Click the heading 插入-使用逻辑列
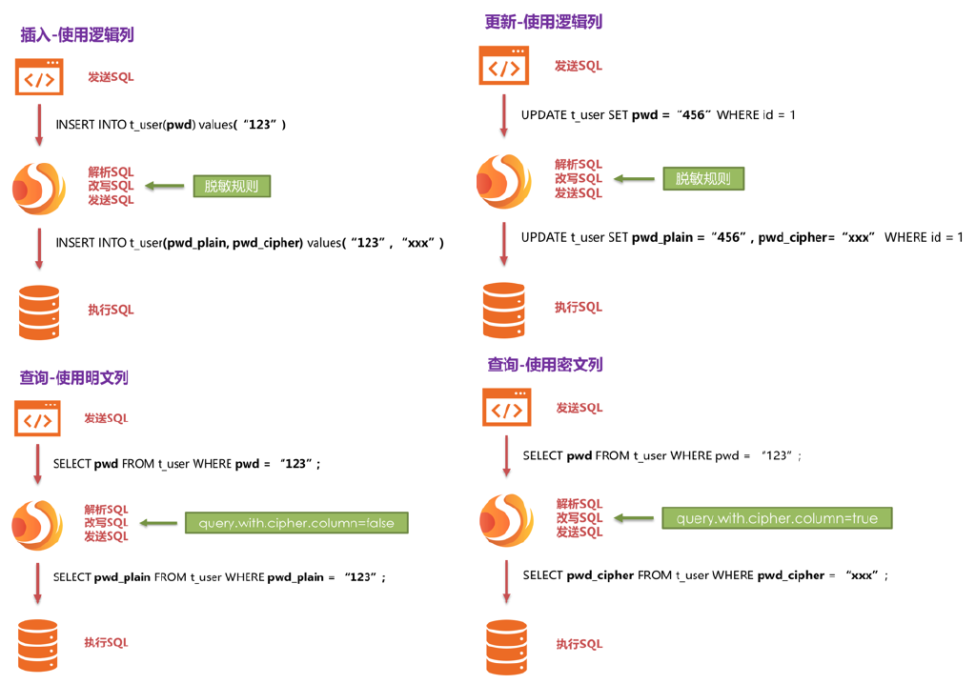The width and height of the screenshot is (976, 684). coord(77,35)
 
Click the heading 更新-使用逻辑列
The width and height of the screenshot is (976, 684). coord(543,22)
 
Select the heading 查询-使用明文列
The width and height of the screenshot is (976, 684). coord(73,377)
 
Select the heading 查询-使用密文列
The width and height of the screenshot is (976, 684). coord(545,364)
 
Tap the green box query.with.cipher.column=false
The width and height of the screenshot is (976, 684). coord(296,523)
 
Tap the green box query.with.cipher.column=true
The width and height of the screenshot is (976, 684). coord(777,518)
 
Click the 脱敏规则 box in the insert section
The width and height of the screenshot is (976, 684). coord(232,186)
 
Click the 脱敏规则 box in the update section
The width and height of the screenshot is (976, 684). coord(703,178)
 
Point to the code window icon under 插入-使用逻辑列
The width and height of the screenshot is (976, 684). coord(39,77)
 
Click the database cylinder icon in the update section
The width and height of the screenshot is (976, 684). coord(503,310)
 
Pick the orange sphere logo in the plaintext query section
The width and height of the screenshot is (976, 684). coord(37,524)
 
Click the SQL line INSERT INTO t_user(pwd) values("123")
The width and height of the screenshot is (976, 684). coord(171,125)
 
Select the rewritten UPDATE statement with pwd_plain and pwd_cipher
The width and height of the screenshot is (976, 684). coord(742,237)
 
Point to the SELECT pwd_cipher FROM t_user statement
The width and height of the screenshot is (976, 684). coord(705,575)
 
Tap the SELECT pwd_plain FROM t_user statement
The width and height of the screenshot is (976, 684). coord(219,577)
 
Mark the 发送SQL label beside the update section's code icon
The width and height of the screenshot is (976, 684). coord(579,66)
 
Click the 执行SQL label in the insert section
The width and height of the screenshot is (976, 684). coord(112,310)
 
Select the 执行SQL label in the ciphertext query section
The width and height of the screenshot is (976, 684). coord(579,645)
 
